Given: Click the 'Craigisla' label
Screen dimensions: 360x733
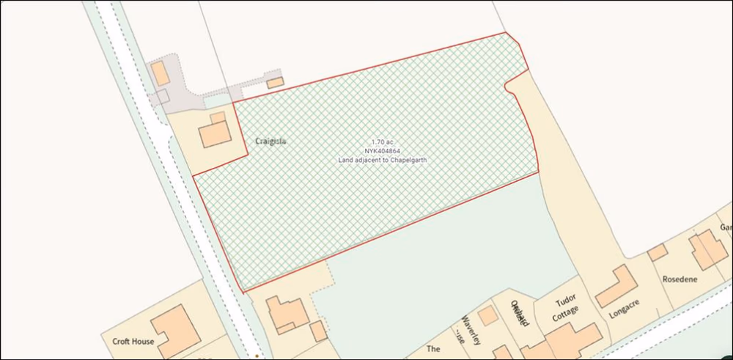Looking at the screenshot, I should point(270,139).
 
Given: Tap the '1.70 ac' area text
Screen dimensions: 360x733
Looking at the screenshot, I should point(382,142).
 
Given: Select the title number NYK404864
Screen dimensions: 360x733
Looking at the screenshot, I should point(382,150).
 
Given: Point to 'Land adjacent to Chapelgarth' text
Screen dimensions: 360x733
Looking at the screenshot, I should point(382,159).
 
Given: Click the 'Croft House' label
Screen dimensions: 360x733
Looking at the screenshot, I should point(133,341).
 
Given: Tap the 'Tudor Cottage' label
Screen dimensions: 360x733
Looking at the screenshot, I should point(566,309).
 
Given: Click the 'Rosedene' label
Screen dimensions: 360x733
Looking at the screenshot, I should point(679,279).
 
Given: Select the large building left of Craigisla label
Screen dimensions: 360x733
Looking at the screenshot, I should point(215,134).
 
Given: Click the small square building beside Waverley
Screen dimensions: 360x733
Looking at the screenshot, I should point(487,315).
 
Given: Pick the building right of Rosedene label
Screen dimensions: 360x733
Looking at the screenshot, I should point(708,250).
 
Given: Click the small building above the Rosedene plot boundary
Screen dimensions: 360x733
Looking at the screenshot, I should point(658,252).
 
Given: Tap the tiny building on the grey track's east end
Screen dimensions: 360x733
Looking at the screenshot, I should point(275,83).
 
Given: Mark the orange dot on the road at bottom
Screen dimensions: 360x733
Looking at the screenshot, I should point(257,355).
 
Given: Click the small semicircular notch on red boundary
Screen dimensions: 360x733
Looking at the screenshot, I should point(507,87).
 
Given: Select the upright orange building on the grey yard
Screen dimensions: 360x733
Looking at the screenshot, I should point(160,73).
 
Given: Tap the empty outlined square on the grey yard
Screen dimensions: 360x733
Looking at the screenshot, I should point(163,95).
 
